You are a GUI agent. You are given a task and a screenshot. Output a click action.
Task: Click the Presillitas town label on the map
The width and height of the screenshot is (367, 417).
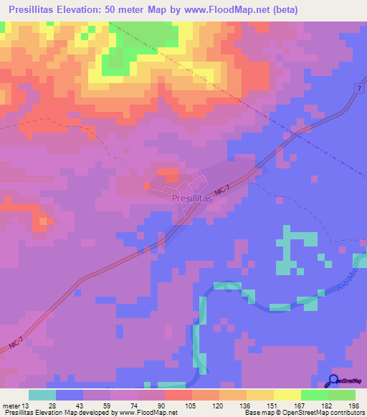tap(193, 201)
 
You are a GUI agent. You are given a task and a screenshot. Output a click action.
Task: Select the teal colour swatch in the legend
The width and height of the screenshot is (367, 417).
tap(42, 395)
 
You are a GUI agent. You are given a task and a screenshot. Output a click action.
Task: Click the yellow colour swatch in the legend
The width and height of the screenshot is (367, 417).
tap(287, 395)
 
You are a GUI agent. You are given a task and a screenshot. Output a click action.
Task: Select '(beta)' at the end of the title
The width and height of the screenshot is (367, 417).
tap(283, 10)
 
